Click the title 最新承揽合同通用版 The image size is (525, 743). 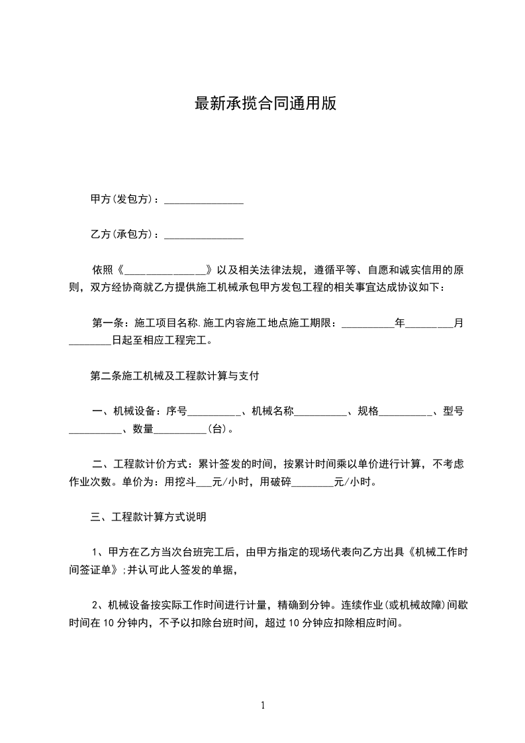click(x=265, y=104)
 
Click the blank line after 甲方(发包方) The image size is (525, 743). click(x=203, y=199)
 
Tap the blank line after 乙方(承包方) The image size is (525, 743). click(x=203, y=234)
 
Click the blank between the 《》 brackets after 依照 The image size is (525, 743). click(x=166, y=270)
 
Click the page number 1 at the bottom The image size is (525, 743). click(x=263, y=705)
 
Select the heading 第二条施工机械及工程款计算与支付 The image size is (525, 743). click(x=174, y=376)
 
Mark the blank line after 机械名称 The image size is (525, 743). click(x=321, y=412)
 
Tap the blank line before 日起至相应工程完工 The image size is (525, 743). click(x=90, y=342)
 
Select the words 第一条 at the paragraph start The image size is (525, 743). click(x=107, y=324)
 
